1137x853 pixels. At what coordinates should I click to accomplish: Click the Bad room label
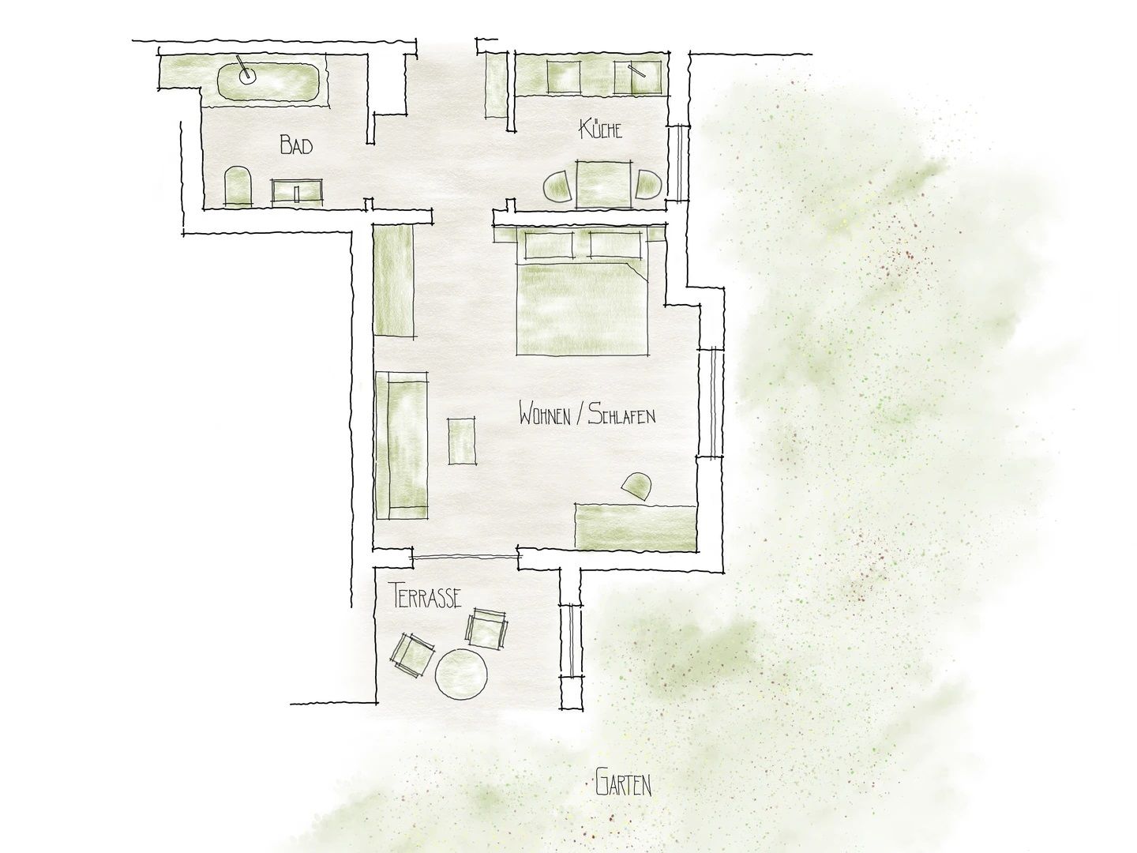point(296,145)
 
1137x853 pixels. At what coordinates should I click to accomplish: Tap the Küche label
point(600,129)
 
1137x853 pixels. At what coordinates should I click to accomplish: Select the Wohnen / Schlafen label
point(587,415)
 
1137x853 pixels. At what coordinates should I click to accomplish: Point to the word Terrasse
point(427,595)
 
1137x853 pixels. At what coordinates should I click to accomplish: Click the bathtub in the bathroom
point(268,82)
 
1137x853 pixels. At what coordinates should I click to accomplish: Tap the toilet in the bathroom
point(238,186)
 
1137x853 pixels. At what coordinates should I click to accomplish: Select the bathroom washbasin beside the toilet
point(297,191)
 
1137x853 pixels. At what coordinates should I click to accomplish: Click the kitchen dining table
point(604,184)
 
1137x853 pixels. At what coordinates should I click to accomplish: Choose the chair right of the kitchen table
point(649,184)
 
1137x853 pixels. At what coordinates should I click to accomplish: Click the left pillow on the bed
point(550,245)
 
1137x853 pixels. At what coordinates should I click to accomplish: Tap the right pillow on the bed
point(615,245)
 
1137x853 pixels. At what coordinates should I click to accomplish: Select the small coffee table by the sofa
point(462,442)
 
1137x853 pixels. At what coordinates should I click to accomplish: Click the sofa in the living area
point(401,445)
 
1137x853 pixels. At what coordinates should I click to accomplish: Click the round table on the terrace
point(461,673)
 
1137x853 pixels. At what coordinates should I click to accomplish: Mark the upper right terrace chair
point(486,629)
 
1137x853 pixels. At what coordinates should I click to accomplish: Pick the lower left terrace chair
point(414,656)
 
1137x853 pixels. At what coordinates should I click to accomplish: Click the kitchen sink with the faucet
point(638,77)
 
